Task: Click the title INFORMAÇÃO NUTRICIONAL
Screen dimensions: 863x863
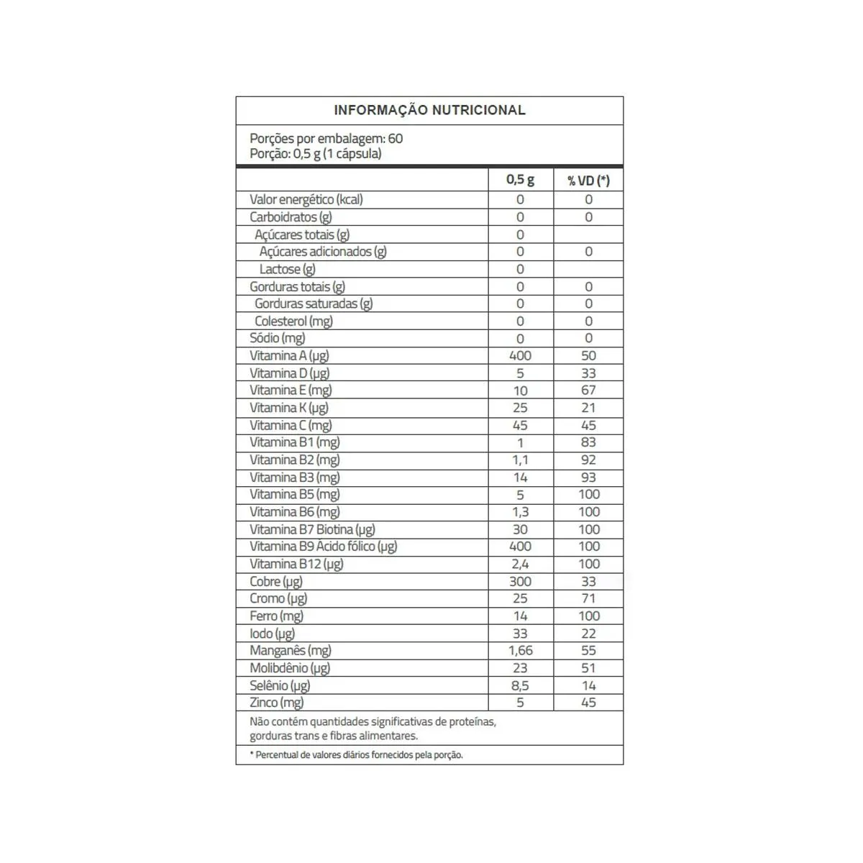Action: (x=429, y=110)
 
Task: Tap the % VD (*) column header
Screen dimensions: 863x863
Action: (x=588, y=180)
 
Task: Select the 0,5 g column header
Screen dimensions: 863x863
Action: (x=520, y=180)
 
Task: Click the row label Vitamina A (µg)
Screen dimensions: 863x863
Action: (x=289, y=355)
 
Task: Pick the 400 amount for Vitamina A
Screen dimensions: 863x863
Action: (x=520, y=355)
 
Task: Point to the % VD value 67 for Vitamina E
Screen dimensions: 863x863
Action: (x=588, y=390)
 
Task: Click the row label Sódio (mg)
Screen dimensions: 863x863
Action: (x=278, y=338)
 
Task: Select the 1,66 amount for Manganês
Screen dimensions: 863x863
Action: (x=520, y=651)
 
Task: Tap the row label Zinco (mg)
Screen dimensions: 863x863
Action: (x=277, y=703)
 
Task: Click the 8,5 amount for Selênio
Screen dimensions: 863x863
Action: (x=520, y=685)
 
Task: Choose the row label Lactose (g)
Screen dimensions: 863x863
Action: (x=287, y=269)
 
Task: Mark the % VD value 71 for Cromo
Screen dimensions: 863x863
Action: (x=588, y=598)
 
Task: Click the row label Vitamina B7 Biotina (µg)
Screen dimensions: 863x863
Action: (x=312, y=529)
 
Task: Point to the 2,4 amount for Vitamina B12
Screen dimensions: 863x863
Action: (x=520, y=564)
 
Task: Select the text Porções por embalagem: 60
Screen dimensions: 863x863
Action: (x=326, y=138)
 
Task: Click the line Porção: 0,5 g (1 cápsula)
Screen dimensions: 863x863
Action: (x=316, y=154)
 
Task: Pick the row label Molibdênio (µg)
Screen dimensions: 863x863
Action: (x=290, y=668)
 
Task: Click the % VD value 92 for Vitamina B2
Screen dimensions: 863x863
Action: (x=588, y=460)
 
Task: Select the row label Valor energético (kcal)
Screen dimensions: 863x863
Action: (x=306, y=199)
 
